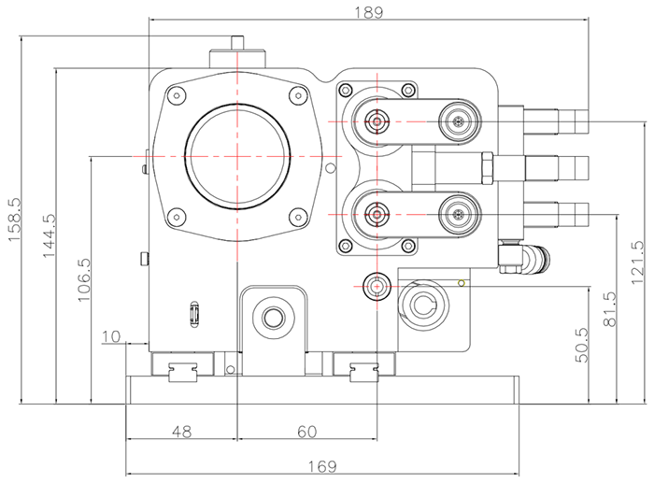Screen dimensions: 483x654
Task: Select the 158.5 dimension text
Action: pos(13,220)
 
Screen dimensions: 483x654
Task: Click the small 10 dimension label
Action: pos(112,335)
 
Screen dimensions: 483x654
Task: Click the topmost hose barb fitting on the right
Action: pos(557,121)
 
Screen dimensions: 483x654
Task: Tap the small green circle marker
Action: pos(461,282)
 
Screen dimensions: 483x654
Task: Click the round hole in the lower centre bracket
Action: pos(273,318)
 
